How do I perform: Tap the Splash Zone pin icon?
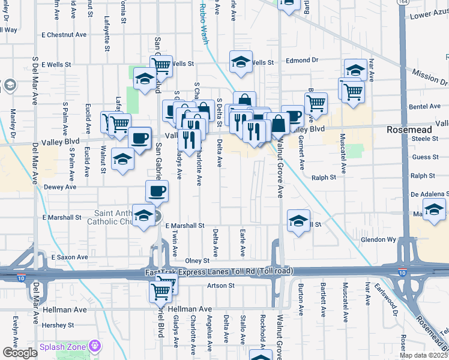click(x=94, y=346)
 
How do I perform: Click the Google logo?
click(x=20, y=353)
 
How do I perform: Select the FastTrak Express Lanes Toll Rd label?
click(x=219, y=272)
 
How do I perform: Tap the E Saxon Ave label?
click(x=70, y=257)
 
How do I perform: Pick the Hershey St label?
click(x=58, y=325)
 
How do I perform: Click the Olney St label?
click(x=197, y=261)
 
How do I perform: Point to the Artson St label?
click(x=221, y=286)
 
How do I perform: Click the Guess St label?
click(x=426, y=157)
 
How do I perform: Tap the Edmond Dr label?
click(x=301, y=61)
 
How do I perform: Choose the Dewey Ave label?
click(x=60, y=187)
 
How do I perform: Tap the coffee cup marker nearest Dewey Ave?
click(x=157, y=191)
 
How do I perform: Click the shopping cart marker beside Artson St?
click(x=160, y=292)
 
